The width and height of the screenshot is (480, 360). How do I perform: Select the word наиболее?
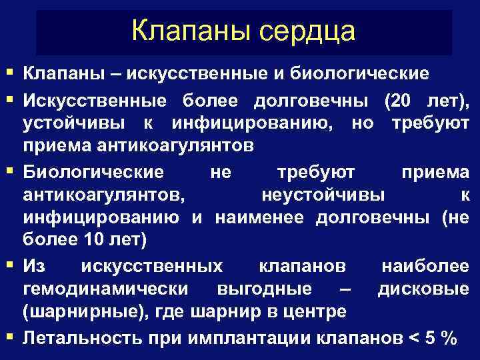pyautogui.click(x=425, y=266)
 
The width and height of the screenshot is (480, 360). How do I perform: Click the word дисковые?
pyautogui.click(x=423, y=289)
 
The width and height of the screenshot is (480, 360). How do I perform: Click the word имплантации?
pyautogui.click(x=251, y=337)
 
